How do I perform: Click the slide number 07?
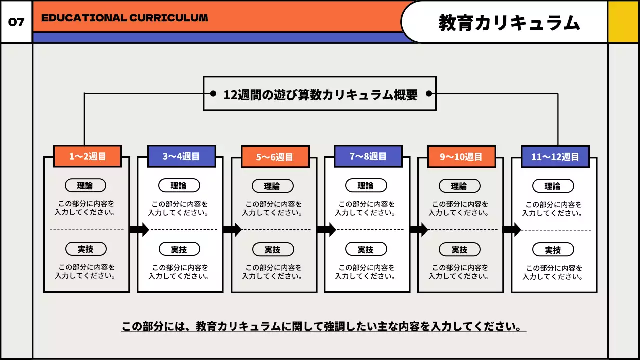pos(16,22)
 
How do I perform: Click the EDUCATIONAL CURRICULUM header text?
pos(124,18)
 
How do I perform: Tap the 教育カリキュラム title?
pos(509,23)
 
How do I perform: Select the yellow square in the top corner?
pos(623,22)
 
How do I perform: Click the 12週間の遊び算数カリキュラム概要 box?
pos(320,94)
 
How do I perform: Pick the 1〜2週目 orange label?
pos(87,156)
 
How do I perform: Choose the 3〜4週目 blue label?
pos(181,156)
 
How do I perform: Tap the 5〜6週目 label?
pos(275,157)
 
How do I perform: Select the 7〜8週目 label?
pos(368,156)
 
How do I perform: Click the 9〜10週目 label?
pos(461,157)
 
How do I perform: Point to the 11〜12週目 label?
pos(555,157)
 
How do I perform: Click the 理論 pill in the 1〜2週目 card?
pos(85,186)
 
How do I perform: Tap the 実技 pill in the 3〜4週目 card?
pos(179,249)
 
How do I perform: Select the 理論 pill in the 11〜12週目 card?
pos(553,186)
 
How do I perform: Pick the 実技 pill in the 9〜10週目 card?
pos(459,249)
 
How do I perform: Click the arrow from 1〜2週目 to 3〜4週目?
pos(139,230)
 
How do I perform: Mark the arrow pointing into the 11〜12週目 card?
pos(511,230)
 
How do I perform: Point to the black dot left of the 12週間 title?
pos(213,94)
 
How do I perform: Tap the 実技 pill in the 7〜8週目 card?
pos(366,249)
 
